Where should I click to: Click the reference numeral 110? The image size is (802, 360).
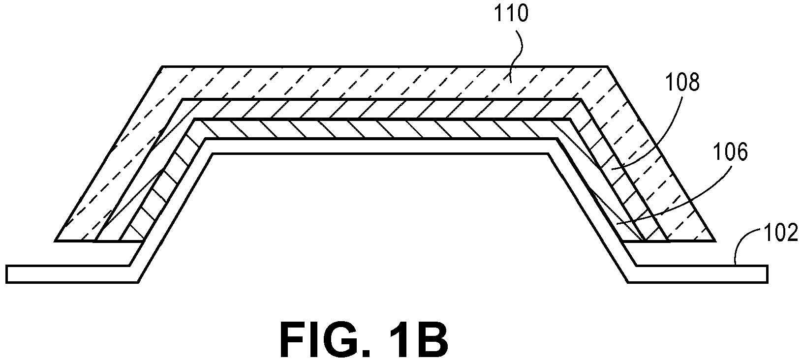[511, 14]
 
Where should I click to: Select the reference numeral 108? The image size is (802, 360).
[682, 82]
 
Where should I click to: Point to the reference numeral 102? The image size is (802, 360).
[781, 233]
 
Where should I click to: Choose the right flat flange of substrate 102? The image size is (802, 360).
[698, 274]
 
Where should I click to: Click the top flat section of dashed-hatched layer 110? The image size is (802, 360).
[385, 82]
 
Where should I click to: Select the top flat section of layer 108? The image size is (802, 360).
[381, 109]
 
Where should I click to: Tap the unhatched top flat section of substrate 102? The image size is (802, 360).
[381, 147]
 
